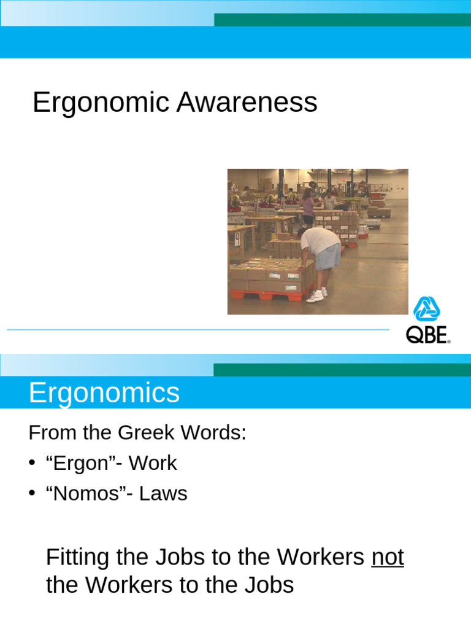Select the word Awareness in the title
click(x=247, y=103)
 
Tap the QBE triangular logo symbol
click(x=427, y=309)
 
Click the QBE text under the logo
click(x=427, y=335)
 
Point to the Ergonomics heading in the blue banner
click(x=104, y=393)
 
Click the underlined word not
click(x=388, y=557)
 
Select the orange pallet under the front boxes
click(x=270, y=295)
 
